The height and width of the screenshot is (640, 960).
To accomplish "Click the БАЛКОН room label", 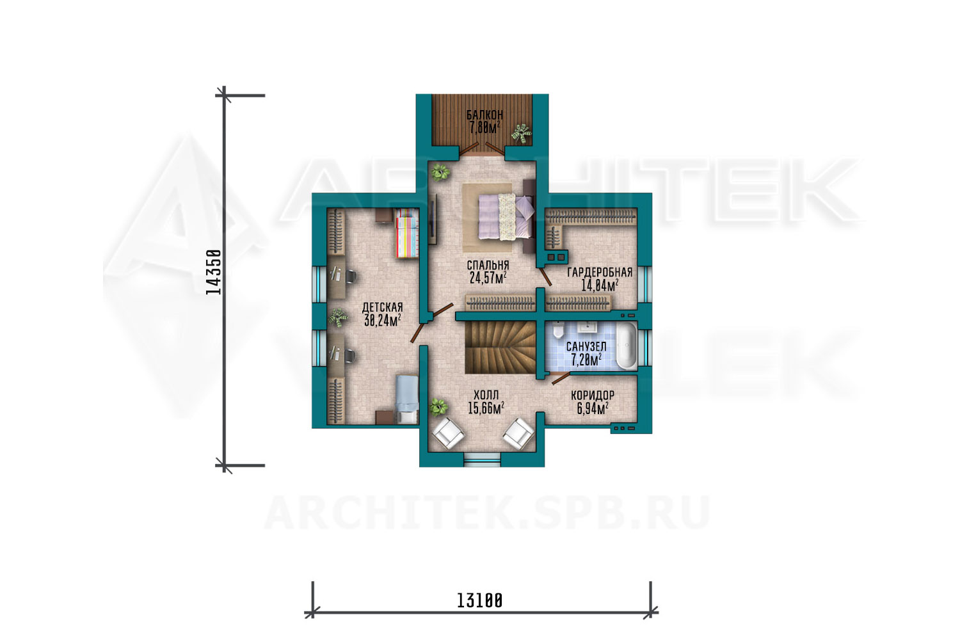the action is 484,115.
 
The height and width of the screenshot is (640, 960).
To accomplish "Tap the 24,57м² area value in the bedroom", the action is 488,278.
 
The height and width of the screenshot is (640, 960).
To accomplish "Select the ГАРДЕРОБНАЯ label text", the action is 600,272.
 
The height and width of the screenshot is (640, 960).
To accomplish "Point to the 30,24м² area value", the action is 382,320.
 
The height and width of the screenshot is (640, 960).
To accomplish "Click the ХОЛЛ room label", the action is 486,394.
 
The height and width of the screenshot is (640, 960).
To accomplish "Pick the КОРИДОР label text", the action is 593,396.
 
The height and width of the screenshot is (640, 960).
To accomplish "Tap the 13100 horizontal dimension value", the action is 479,600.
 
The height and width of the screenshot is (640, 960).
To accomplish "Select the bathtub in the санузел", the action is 627,346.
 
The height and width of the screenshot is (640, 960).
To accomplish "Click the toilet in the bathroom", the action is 558,330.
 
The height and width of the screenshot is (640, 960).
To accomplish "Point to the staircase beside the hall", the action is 500,348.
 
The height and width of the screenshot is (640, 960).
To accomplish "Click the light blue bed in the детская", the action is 406,399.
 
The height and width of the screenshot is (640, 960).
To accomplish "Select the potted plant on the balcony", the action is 521,133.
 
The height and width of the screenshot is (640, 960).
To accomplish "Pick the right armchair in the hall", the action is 518,433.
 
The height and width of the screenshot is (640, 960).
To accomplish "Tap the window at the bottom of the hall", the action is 483,460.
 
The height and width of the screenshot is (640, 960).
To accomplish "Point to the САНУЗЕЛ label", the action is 586,346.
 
